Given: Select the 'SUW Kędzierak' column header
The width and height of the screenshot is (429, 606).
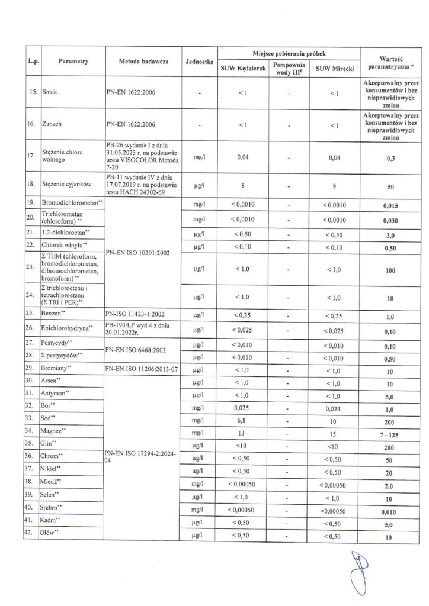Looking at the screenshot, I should pyautogui.click(x=243, y=69).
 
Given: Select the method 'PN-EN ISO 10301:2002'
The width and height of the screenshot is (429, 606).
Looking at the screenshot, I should pyautogui.click(x=138, y=253).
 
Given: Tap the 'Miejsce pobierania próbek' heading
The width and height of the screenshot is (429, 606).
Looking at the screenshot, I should pyautogui.click(x=289, y=53).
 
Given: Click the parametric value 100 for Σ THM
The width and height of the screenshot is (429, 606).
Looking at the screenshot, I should pyautogui.click(x=390, y=269).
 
